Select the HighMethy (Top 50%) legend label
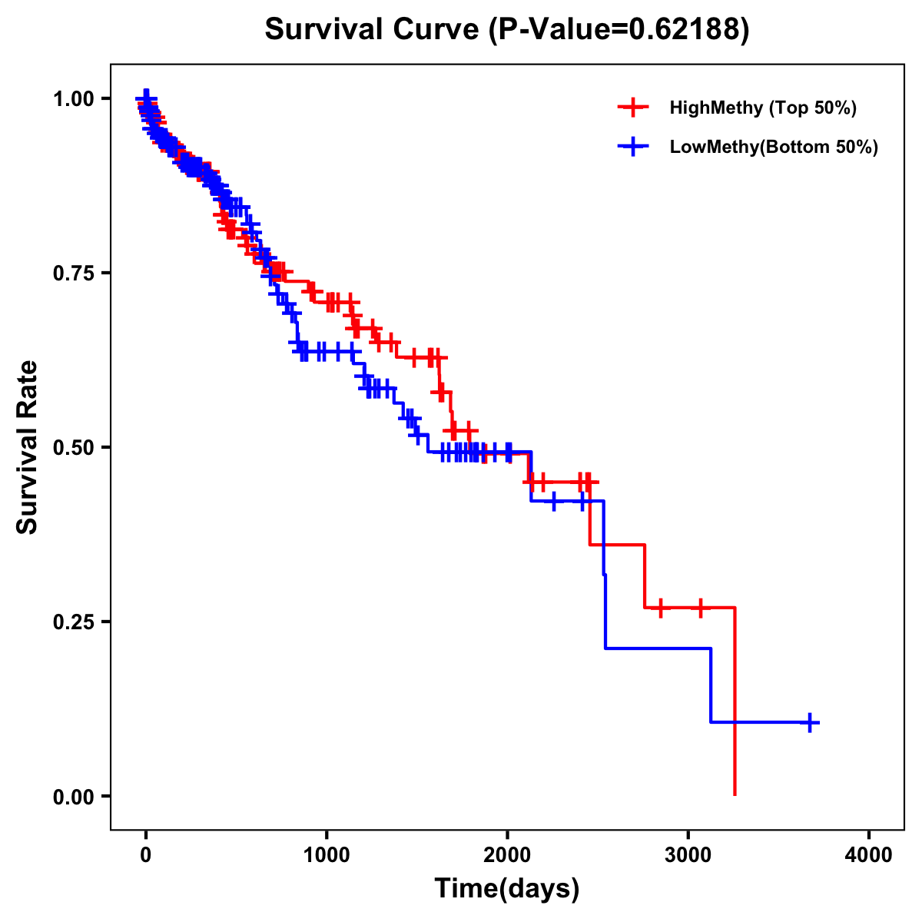pyautogui.click(x=762, y=108)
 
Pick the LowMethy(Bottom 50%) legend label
pyautogui.click(x=773, y=148)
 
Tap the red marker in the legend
pyautogui.click(x=633, y=108)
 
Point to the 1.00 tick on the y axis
pyautogui.click(x=72, y=98)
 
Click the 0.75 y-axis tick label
pyautogui.click(x=72, y=273)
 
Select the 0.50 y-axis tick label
pyautogui.click(x=72, y=447)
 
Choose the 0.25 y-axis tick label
pyautogui.click(x=72, y=622)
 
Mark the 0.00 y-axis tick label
pyautogui.click(x=72, y=796)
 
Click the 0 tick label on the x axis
pyautogui.click(x=146, y=855)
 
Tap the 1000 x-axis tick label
pyautogui.click(x=327, y=855)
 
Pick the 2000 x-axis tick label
pyautogui.click(x=507, y=855)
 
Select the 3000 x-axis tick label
pyautogui.click(x=688, y=855)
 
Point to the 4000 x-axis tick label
pyautogui.click(x=869, y=855)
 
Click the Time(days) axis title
pyautogui.click(x=507, y=889)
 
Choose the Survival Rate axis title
pyautogui.click(x=28, y=447)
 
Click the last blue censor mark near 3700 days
pyautogui.click(x=810, y=722)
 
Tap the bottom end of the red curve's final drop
pyautogui.click(x=735, y=794)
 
